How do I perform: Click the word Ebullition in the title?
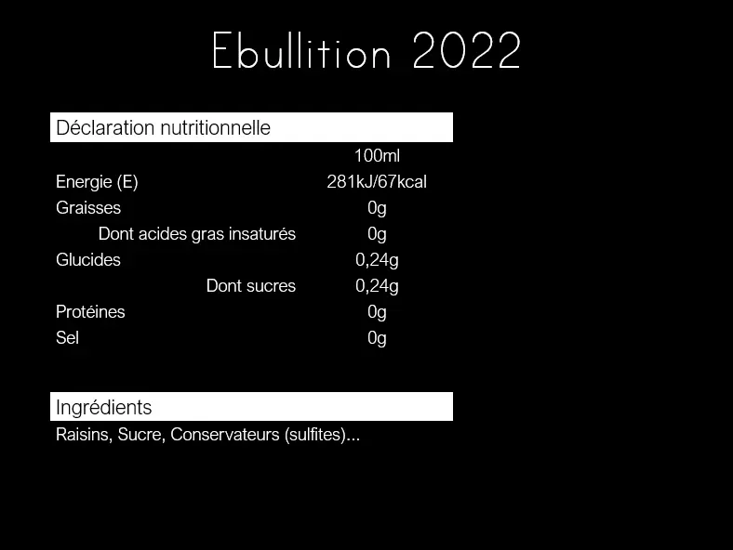[x=301, y=50]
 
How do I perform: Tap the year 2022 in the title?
[x=467, y=50]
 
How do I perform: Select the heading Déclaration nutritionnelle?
[x=163, y=128]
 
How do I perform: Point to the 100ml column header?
[x=377, y=155]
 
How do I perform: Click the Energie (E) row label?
[x=97, y=182]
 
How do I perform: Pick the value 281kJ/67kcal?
[x=377, y=181]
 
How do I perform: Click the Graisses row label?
[x=88, y=208]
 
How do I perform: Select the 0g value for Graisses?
[x=377, y=208]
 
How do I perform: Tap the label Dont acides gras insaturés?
[x=197, y=234]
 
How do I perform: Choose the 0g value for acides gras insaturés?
[x=377, y=234]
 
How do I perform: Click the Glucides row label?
[x=88, y=259]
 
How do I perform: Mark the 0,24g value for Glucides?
[x=377, y=260]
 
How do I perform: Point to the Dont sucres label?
[x=251, y=286]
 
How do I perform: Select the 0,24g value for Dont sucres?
[x=377, y=287]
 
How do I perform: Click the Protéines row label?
[x=90, y=311]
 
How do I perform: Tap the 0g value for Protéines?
[x=377, y=312]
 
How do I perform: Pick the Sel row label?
[x=67, y=337]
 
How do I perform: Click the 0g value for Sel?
[x=377, y=338]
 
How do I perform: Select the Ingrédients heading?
[x=104, y=408]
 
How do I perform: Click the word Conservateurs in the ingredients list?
[x=225, y=434]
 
